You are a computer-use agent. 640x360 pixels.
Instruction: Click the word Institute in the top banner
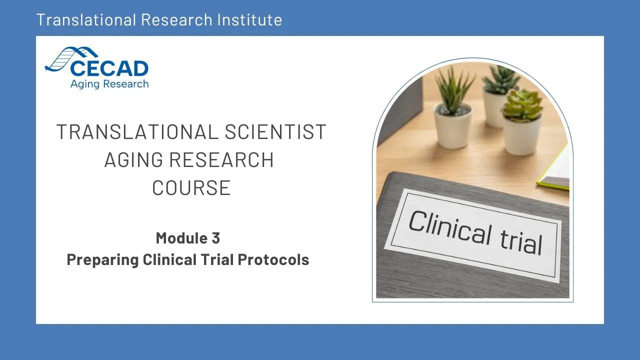249,19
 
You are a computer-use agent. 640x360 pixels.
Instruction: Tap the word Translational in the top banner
86,19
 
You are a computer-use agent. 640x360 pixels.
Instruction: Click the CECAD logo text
109,68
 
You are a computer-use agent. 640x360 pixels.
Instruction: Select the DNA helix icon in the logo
71,58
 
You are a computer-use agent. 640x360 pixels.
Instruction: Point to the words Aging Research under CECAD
109,84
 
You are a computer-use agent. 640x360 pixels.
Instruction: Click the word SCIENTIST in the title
275,132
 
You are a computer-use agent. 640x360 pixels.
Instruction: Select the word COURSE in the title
191,187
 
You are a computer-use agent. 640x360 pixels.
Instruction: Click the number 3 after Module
216,238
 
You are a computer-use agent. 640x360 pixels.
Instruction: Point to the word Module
181,238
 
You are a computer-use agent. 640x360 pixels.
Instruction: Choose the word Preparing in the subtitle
103,260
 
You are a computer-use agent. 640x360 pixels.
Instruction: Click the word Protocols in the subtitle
273,259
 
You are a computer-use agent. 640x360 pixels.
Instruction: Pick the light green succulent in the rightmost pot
522,105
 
